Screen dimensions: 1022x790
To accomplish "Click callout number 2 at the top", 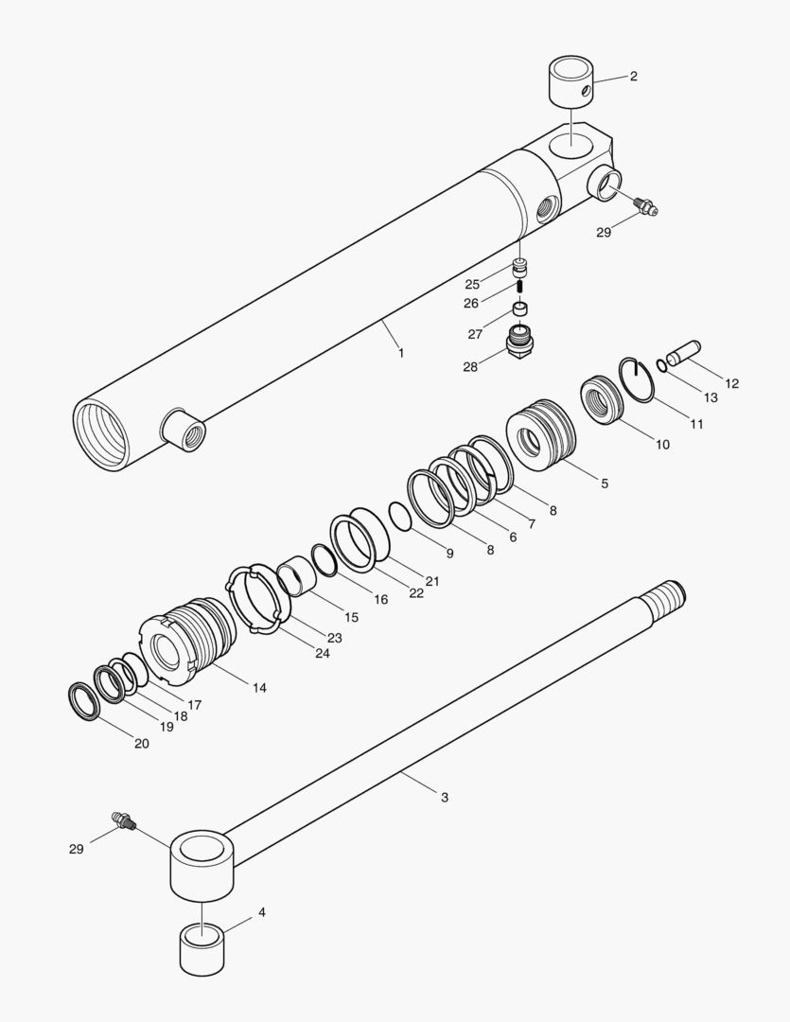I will [633, 77].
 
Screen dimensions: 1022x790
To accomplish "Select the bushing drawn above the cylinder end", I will [571, 83].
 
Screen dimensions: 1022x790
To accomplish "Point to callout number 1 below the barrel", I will [401, 353].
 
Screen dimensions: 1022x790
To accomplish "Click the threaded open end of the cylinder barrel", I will [102, 434].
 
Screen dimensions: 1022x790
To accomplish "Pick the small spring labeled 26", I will [518, 286].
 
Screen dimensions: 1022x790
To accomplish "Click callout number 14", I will [258, 688].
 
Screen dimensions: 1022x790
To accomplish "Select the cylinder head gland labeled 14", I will [187, 643].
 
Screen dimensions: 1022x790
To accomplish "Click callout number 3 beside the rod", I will [445, 798].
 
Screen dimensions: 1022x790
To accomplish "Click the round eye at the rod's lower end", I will [201, 863].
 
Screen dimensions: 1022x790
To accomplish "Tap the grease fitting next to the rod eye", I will [124, 819].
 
